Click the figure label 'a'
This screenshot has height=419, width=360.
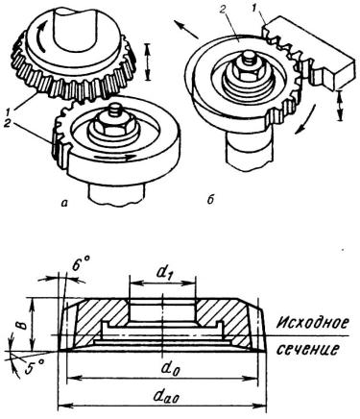pos(66,202)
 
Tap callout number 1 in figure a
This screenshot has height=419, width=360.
pos(8,111)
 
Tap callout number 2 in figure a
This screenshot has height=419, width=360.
pos(8,124)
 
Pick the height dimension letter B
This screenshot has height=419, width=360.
pos(20,325)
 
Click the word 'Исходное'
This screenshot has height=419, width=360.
pos(311,322)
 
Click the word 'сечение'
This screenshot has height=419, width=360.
pos(306,349)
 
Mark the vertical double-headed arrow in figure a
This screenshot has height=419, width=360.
pos(147,62)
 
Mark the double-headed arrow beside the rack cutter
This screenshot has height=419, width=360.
pos(340,106)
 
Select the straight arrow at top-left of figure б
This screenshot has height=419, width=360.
pos(185,30)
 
